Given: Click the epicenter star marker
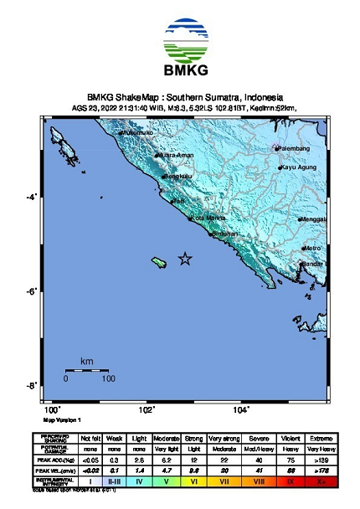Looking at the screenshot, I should [186, 260].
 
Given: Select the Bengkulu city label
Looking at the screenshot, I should [178, 177].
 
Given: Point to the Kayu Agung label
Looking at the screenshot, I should [299, 168].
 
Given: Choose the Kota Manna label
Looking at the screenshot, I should [209, 219].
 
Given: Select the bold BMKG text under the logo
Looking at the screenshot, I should [180, 70].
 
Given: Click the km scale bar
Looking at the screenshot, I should [87, 370].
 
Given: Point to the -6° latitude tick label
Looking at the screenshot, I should [33, 291].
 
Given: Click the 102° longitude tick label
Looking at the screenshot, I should [147, 409].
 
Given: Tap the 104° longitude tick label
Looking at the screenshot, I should [241, 409].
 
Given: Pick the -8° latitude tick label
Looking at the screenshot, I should [33, 386].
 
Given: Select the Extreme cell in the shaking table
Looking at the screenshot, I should [319, 438].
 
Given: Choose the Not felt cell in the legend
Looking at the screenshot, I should [91, 438].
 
